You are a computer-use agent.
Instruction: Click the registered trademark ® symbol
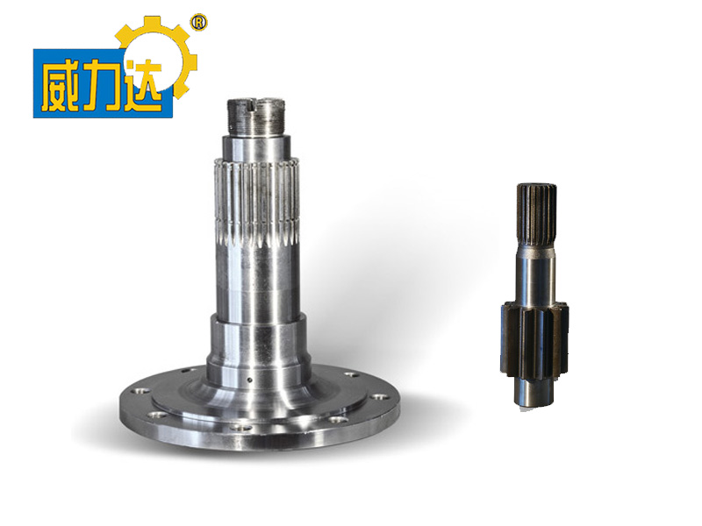[199, 23]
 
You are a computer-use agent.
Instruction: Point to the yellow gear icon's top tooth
[151, 24]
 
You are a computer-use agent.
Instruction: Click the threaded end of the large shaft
[255, 117]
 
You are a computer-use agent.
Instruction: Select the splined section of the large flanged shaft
[256, 203]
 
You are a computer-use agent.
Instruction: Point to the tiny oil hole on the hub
[249, 380]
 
